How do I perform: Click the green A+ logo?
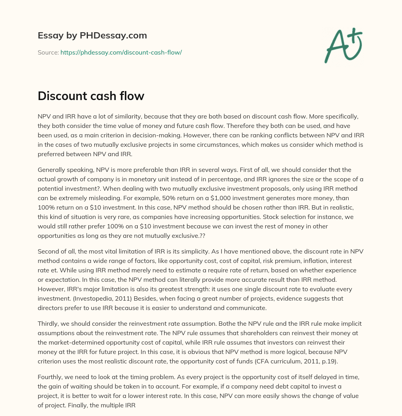(343, 45)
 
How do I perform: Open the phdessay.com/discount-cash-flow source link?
(121, 52)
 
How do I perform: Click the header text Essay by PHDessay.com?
(92, 36)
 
